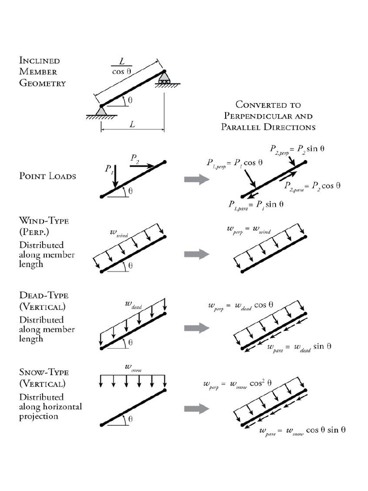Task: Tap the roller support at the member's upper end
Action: point(164,78)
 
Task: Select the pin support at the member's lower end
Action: point(101,111)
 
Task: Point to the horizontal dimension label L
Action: point(132,124)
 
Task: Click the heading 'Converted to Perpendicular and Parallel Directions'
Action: point(268,116)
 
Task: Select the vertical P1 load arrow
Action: point(114,176)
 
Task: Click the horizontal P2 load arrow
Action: point(142,166)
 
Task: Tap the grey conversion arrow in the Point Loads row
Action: point(197,179)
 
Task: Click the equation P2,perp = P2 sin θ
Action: point(297,149)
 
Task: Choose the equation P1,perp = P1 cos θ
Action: point(235,163)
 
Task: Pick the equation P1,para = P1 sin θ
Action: point(255,204)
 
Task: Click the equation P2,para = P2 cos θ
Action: point(312,186)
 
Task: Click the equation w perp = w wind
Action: point(249,230)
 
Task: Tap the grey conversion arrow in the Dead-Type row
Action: point(197,328)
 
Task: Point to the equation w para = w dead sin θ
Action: point(299,347)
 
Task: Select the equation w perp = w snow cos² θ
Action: point(238,384)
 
